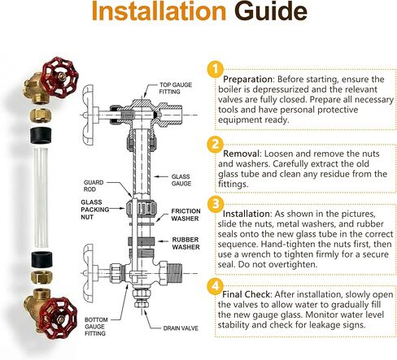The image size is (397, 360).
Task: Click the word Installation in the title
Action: coord(159,11)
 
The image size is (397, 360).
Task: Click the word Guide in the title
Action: coord(271,11)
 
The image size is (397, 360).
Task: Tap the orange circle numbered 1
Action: coord(216,69)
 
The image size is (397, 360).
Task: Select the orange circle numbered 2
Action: coord(216,144)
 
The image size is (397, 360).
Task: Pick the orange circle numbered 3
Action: coord(216,204)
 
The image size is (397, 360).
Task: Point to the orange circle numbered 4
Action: coord(216,286)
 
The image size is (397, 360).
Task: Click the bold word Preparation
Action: coord(247,80)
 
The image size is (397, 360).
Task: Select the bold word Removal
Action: coord(241,154)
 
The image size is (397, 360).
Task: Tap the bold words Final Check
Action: coord(246,294)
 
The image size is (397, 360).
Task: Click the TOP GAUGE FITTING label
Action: coord(175,89)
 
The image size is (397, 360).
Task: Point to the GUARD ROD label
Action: coord(94,186)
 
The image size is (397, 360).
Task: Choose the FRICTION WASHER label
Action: coord(185,215)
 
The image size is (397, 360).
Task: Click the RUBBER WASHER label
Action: coord(185,243)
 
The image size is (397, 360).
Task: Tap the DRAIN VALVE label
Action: coord(181,328)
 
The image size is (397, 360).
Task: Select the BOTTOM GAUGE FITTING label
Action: coord(96,327)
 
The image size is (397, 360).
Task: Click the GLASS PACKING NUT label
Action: coord(94,210)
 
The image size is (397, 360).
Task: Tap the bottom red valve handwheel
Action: coord(58,318)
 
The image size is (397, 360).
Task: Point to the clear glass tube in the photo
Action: coord(41,197)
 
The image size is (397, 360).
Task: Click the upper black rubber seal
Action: coord(41,135)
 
